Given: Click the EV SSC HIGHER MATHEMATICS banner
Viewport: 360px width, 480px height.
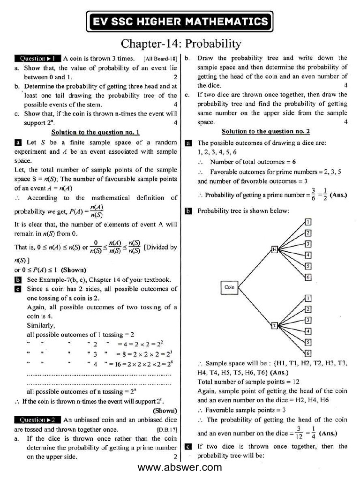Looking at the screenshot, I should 180,21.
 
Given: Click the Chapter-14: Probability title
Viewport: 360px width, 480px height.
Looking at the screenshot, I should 180,44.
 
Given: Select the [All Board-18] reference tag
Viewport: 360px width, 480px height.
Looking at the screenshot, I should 160,59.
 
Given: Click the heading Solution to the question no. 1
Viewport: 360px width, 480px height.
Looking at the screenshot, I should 95,133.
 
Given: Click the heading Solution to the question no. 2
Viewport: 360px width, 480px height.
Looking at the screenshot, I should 265,132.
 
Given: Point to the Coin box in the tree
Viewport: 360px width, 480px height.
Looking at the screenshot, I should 229,287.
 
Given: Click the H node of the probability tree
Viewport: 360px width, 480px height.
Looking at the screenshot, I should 275,249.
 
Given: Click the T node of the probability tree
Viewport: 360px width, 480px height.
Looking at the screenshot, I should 275,325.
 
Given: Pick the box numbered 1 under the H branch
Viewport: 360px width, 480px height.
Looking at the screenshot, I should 308,222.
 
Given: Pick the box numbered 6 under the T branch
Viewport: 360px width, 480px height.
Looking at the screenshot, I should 308,353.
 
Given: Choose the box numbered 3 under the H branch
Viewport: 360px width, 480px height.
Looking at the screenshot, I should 308,244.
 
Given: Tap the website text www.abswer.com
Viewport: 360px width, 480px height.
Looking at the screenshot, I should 180,467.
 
